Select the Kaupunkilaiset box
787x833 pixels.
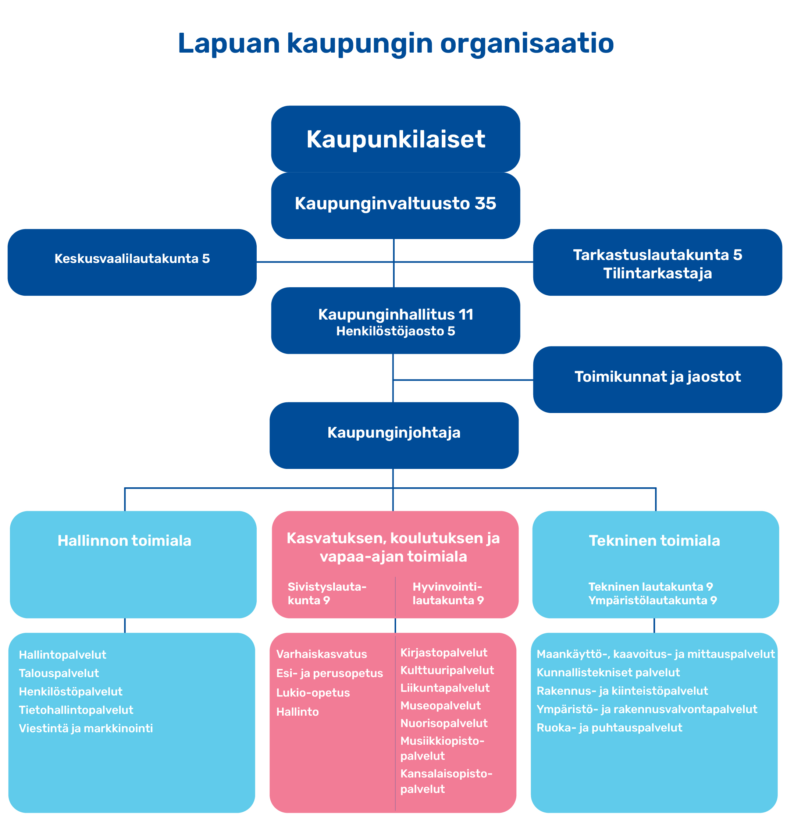[x=395, y=139]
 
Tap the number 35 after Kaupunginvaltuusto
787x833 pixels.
[x=485, y=203]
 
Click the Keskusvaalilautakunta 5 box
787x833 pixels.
[x=132, y=262]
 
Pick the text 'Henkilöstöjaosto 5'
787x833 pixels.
[x=395, y=331]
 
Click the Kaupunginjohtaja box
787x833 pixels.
[x=393, y=435]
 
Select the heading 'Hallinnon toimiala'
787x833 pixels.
[x=124, y=541]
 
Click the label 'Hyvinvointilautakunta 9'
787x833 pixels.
[x=448, y=594]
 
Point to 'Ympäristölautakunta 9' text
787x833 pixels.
[x=652, y=601]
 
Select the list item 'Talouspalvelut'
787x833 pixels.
[x=59, y=673]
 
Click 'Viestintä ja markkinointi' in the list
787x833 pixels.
[x=86, y=729]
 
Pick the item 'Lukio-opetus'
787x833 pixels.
[x=313, y=693]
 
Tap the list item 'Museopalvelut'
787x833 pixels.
[x=440, y=706]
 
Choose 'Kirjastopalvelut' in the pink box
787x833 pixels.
[x=444, y=653]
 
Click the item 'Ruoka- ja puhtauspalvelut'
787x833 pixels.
[x=609, y=728]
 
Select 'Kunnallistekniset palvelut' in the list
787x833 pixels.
[x=608, y=673]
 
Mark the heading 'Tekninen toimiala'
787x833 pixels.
[x=654, y=541]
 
